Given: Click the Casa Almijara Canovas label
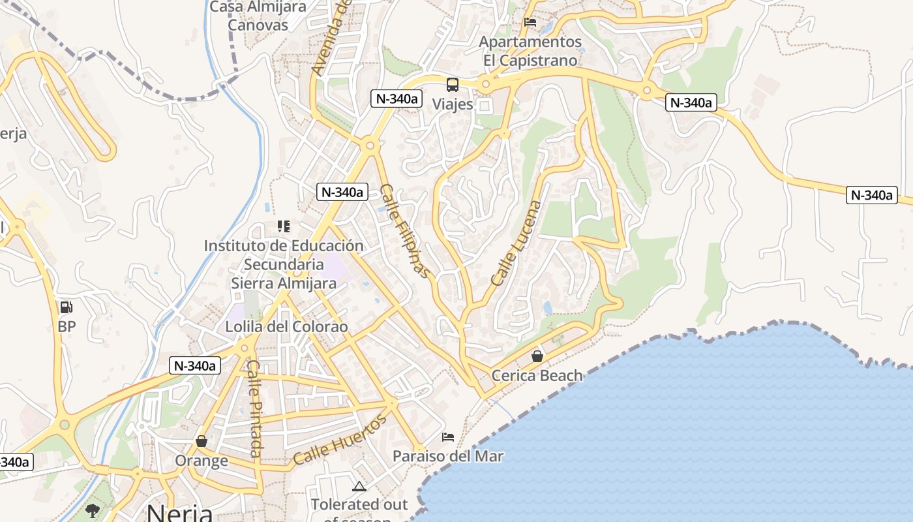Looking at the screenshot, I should pos(258,16).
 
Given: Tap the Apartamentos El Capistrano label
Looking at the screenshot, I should pos(530,51).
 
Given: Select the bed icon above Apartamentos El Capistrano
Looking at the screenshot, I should pos(530,22).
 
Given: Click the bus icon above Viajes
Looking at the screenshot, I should pos(452,85).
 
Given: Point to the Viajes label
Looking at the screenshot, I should pos(452,104).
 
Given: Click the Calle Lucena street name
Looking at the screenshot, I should pos(516,243).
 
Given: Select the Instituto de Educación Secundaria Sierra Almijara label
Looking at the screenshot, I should pos(284,264).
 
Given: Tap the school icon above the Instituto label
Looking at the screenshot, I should pos(283,226).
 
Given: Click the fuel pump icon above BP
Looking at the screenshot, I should pos(66,307).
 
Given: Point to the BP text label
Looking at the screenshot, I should pos(67,326).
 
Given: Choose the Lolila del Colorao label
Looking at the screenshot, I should pos(287,326).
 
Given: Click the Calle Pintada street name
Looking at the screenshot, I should pos(254,408).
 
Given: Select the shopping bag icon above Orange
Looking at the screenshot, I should pos(202,442).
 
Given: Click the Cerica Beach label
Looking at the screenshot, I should pos(537,375).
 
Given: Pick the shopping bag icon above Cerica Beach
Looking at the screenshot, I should pos(537,356).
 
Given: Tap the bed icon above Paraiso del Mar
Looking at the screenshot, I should pos(448,437).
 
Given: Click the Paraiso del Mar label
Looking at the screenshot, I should pos(448,456).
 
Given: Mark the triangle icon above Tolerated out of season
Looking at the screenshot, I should pos(359,486).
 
